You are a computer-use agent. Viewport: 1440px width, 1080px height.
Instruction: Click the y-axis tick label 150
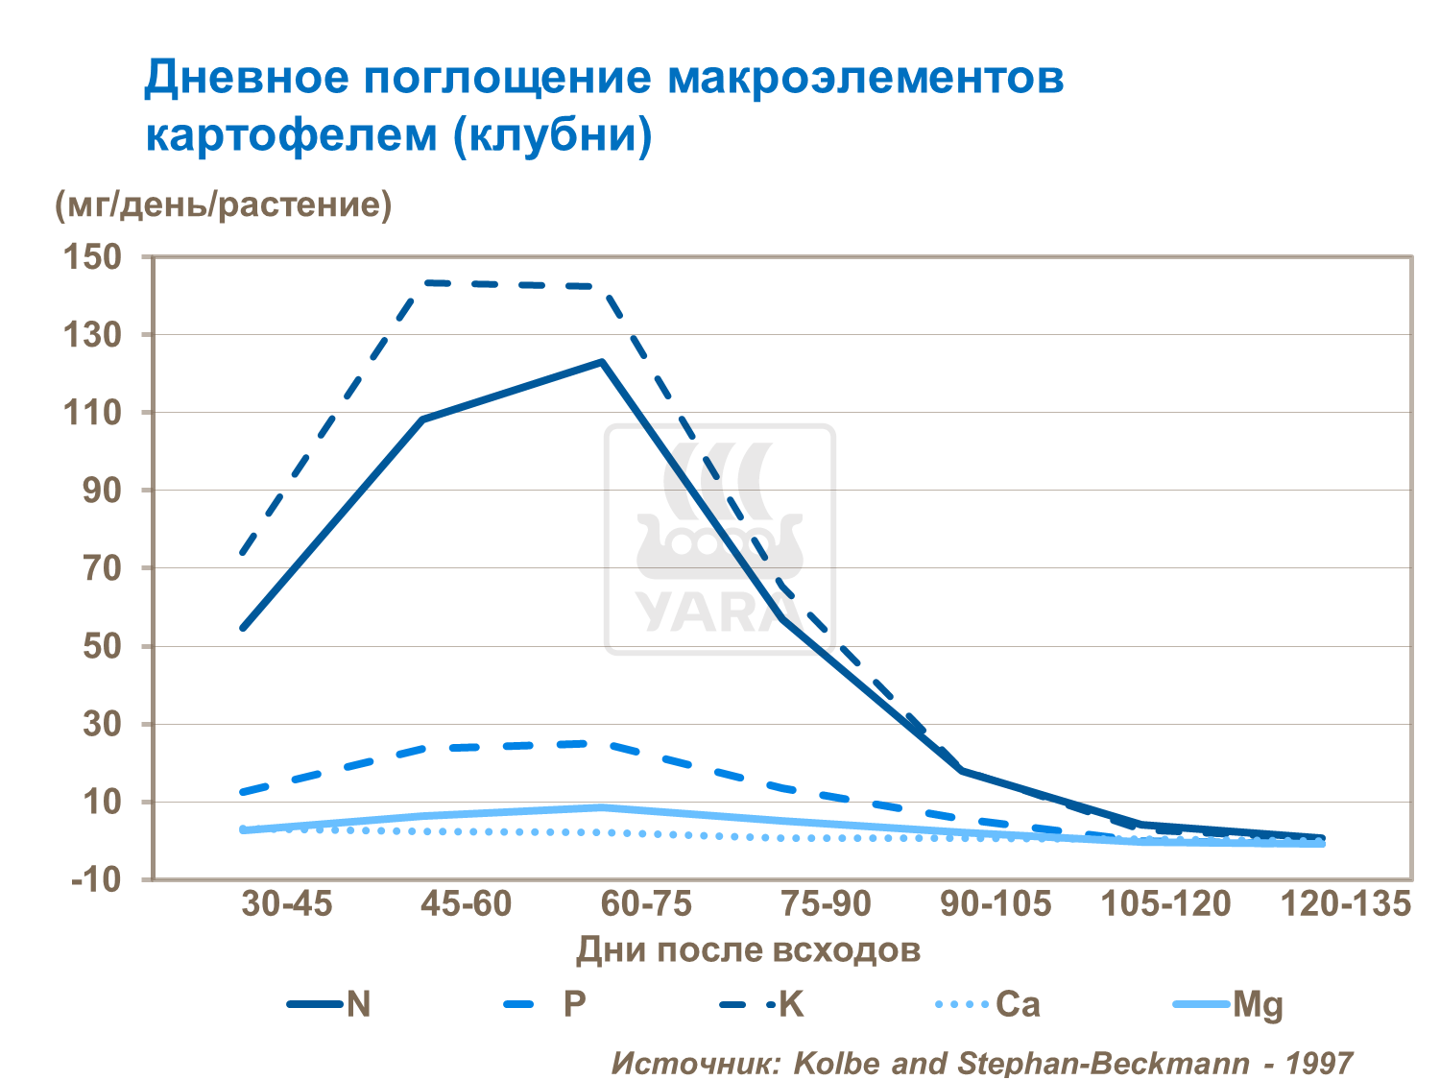tap(93, 257)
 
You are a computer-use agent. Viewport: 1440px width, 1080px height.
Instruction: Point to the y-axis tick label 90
tap(102, 491)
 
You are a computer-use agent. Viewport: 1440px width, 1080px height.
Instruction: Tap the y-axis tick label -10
tap(96, 879)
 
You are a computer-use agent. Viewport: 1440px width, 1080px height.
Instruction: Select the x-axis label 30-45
tap(287, 904)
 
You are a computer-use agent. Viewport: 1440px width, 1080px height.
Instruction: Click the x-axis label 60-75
tap(646, 904)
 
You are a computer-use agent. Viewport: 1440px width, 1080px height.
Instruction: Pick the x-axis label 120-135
tap(1347, 904)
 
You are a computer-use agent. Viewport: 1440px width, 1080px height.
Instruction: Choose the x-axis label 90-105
tap(996, 904)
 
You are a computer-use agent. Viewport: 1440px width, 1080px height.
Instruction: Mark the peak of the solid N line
tap(602, 362)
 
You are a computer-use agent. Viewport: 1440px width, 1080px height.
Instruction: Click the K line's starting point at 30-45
tap(242, 553)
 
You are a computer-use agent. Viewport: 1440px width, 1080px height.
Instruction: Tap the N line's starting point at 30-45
tap(242, 629)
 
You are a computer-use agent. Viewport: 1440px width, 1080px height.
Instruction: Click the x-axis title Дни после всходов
tap(748, 950)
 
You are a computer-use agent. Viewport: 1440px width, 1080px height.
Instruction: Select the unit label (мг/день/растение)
tap(224, 204)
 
